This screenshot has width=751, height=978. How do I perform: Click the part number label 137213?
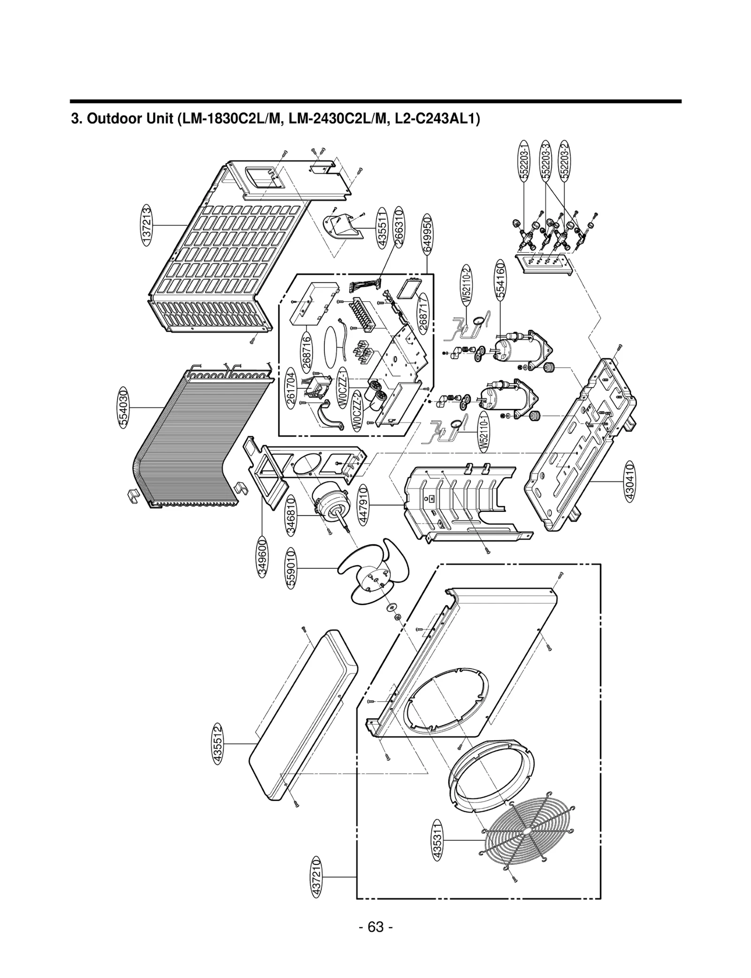(x=146, y=225)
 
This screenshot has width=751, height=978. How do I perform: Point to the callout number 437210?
(x=317, y=876)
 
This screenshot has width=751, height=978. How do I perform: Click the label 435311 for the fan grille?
(x=437, y=840)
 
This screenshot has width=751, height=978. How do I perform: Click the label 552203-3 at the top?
(x=545, y=160)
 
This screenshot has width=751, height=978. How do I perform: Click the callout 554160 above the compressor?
(x=501, y=281)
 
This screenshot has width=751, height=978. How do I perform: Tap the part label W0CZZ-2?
(x=357, y=409)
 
